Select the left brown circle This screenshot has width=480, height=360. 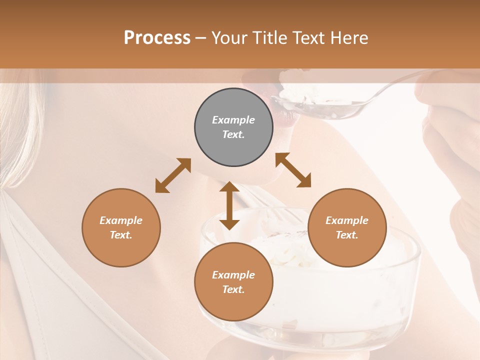[x=121, y=227]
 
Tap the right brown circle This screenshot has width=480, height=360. [x=347, y=227]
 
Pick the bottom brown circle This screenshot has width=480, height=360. [x=233, y=282]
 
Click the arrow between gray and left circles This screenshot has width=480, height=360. [x=173, y=175]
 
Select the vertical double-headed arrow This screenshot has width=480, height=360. [x=229, y=205]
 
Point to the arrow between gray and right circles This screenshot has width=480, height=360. [x=293, y=170]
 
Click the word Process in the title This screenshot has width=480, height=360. [x=157, y=37]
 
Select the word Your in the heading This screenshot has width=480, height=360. [x=230, y=37]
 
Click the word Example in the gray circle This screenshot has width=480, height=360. [x=233, y=120]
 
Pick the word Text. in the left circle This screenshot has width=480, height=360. [x=121, y=235]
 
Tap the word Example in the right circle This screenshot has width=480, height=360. [x=347, y=220]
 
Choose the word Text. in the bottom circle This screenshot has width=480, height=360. [x=233, y=289]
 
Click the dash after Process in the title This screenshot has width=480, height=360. [x=201, y=38]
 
